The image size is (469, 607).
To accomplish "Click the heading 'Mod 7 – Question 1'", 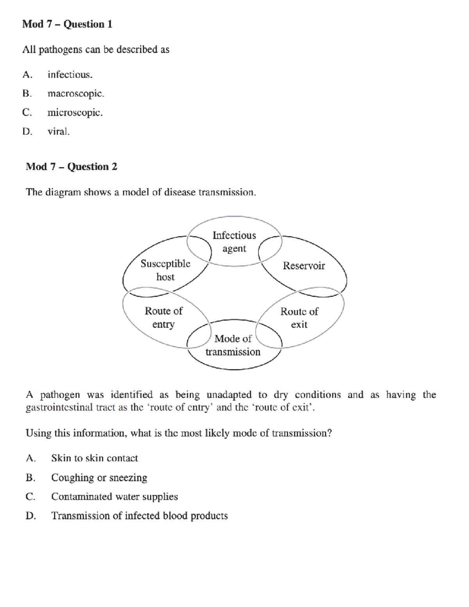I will [x=67, y=24].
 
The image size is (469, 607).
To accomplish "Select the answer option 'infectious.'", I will [x=70, y=75].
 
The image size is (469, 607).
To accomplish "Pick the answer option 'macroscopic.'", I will [x=76, y=94].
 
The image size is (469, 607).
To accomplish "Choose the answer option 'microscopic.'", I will [x=75, y=113].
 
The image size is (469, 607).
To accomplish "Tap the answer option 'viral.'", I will [x=59, y=132].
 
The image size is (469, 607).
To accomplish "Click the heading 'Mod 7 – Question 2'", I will [x=71, y=167].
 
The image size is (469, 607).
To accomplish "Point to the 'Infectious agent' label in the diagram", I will [x=234, y=242].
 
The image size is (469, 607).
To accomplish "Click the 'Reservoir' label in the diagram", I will [x=304, y=266].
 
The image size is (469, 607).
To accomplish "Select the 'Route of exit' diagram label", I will [x=299, y=318].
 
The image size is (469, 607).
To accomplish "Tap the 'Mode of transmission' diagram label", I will [x=233, y=345].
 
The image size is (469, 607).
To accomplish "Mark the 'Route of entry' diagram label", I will [x=163, y=317].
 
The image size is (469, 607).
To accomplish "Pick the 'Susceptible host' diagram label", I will [x=165, y=270].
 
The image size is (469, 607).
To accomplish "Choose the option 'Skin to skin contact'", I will [x=95, y=458].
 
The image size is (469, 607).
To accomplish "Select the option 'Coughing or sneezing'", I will [x=99, y=478].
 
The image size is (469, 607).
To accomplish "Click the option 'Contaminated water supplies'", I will [x=115, y=497].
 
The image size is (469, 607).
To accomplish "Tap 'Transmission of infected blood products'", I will [x=140, y=516].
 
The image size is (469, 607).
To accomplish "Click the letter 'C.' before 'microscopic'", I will [x=27, y=113].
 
